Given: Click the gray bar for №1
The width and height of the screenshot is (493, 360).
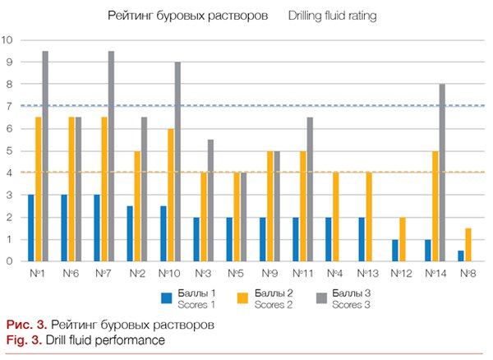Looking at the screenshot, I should pyautogui.click(x=44, y=156).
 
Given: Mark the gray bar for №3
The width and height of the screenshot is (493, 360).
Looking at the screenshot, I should pyautogui.click(x=210, y=201).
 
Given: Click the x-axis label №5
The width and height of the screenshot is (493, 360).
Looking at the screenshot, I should pyautogui.click(x=235, y=272).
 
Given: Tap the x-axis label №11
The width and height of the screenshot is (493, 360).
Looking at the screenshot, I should pyautogui.click(x=302, y=272).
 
